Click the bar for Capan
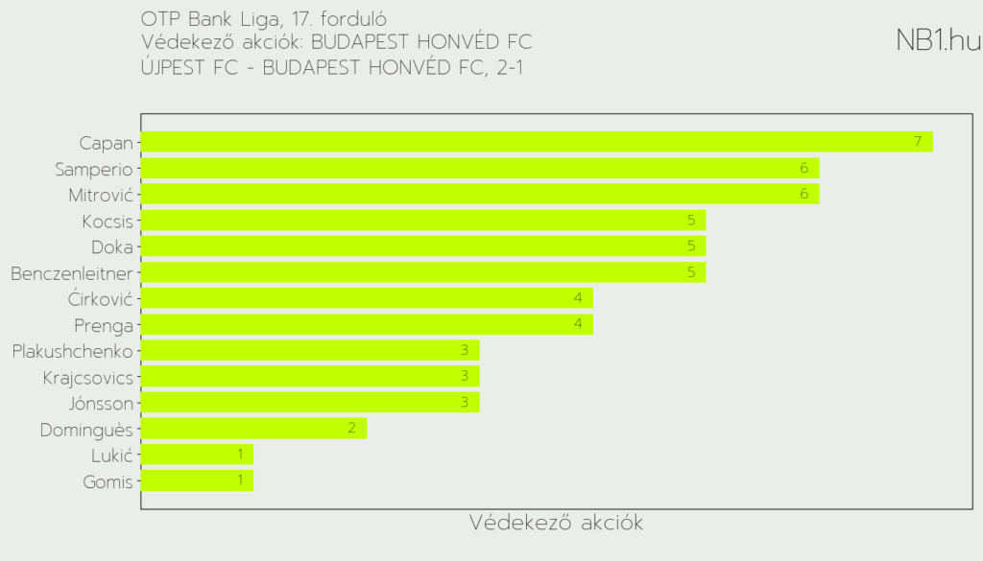(537, 142)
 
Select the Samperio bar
(480, 168)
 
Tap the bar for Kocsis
(423, 221)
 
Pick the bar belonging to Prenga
(367, 324)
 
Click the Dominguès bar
(253, 428)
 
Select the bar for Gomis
(197, 480)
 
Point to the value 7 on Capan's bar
(918, 142)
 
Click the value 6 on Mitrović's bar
(804, 195)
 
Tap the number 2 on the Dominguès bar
(351, 428)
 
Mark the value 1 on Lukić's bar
(240, 455)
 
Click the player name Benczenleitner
(72, 273)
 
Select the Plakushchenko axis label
(73, 351)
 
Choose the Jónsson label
(101, 403)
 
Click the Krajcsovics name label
(88, 377)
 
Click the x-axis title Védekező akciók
(556, 524)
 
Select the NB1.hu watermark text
(938, 40)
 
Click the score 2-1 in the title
(511, 67)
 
